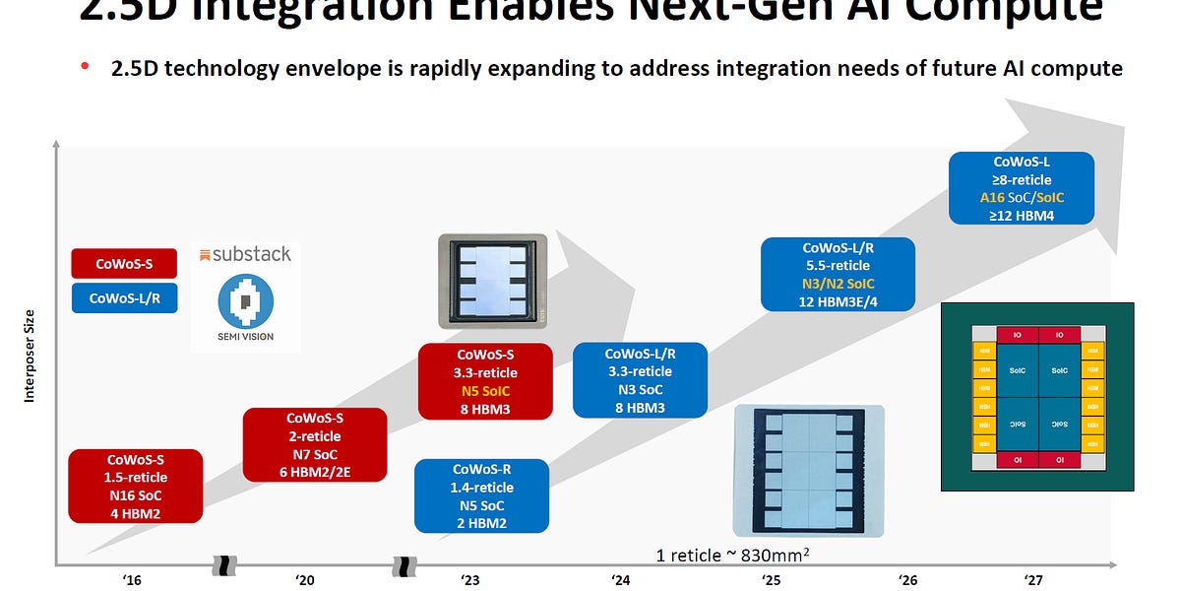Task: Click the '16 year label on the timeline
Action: [x=133, y=580]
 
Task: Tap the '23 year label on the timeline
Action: [x=470, y=580]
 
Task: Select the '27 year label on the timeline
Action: [x=1032, y=580]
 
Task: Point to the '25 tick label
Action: [x=772, y=580]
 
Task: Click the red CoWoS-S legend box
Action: [x=124, y=263]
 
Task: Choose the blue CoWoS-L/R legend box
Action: [x=124, y=298]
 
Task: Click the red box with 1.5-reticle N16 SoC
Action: [x=136, y=487]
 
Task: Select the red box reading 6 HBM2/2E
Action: [x=315, y=445]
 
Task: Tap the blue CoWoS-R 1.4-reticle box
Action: [x=482, y=496]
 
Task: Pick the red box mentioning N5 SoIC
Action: [x=485, y=381]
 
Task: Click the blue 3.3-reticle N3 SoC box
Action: [x=640, y=380]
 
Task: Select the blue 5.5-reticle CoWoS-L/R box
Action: [x=839, y=276]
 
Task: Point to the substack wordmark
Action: [x=245, y=254]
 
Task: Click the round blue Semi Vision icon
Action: [x=245, y=300]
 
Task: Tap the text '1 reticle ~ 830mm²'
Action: [x=733, y=556]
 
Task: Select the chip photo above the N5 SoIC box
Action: [x=492, y=281]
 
